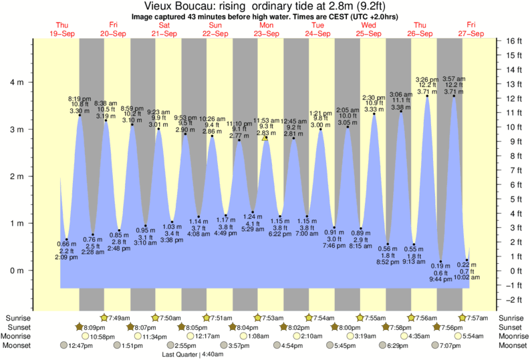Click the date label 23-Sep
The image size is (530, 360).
[x=266, y=33]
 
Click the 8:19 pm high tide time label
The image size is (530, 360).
[x=80, y=99]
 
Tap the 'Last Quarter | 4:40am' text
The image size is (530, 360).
[x=192, y=355]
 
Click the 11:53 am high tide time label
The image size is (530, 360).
[x=265, y=121]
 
